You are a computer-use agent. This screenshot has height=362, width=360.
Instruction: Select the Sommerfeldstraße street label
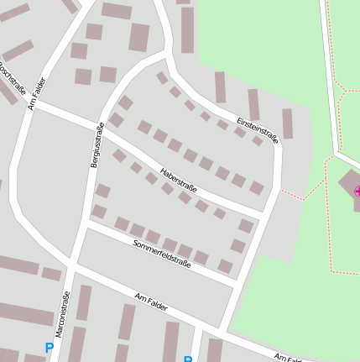pos(162,253)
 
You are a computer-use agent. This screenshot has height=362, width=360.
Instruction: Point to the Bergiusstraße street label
pos(97,145)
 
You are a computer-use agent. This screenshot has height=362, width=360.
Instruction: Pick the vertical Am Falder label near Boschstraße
pos(36,93)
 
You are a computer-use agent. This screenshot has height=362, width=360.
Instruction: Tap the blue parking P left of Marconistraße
pos(49,348)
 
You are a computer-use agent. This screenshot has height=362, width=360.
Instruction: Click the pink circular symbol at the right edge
pos(357,191)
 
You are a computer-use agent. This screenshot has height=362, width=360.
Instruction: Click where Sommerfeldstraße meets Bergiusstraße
pos(86,223)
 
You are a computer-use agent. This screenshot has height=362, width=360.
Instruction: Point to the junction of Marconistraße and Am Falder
pos(74,270)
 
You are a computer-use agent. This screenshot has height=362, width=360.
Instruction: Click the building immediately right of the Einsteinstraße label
pos(287,123)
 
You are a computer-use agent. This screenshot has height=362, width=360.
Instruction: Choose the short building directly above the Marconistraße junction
pos(51,274)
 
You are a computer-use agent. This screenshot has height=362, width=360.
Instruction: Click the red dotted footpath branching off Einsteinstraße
pos(301,192)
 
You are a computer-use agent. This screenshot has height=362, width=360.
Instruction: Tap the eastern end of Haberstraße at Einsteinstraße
pos(266,216)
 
